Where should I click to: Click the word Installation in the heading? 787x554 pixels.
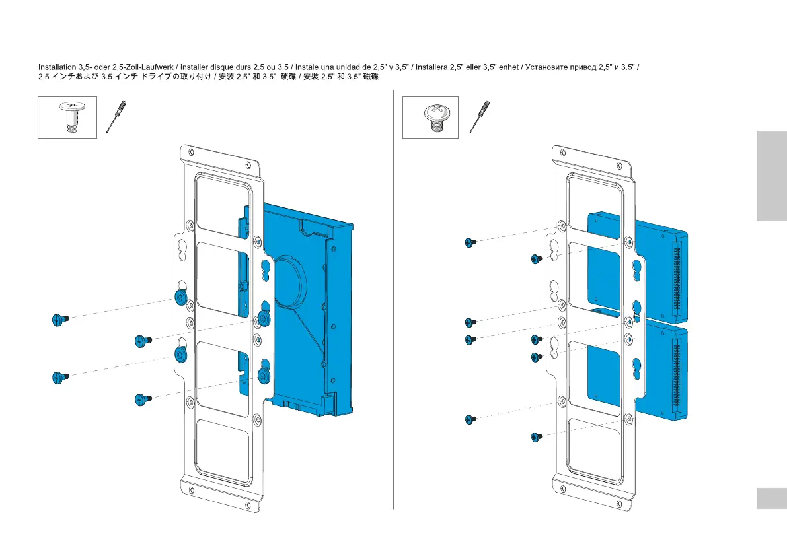[57, 67]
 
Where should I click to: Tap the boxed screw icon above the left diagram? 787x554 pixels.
[67, 117]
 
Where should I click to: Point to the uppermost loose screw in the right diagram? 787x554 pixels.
[470, 243]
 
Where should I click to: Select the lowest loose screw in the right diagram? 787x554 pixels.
[537, 436]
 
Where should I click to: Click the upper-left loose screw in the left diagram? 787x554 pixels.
[57, 320]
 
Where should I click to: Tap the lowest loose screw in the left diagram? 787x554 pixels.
[141, 399]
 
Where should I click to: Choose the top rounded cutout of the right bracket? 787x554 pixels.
[595, 191]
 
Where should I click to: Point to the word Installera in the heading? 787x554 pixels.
[435, 67]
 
